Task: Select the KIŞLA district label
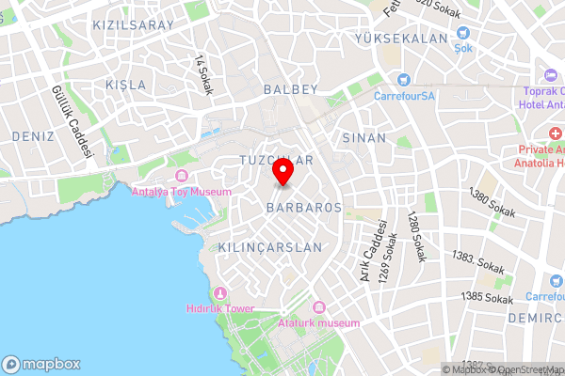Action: tap(125, 85)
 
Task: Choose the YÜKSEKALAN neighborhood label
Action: tap(400, 39)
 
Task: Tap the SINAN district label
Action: tap(364, 137)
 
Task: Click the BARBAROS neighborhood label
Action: tap(303, 206)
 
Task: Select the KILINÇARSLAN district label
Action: tap(269, 247)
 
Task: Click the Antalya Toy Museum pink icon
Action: tap(182, 177)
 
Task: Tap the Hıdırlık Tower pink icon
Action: tap(220, 293)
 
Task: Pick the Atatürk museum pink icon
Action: tap(318, 308)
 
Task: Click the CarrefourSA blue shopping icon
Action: tap(403, 80)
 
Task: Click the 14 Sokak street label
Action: tap(202, 74)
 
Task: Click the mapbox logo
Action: tap(41, 364)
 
